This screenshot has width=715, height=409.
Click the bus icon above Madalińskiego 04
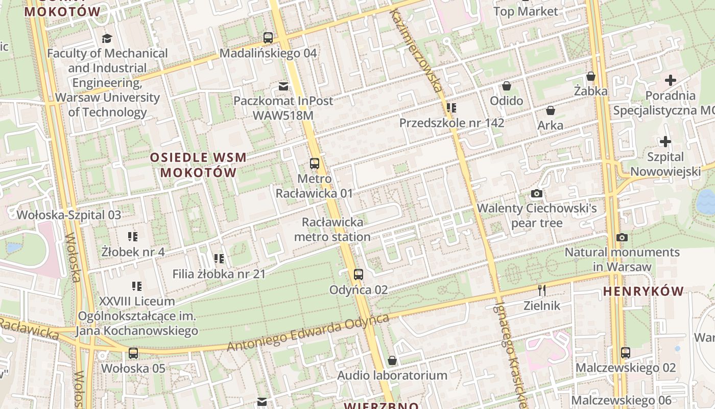tap(268, 37)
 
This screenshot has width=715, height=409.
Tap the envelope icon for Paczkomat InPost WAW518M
tap(283, 86)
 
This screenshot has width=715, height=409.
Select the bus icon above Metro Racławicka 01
tap(315, 164)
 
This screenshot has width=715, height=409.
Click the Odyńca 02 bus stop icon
tap(359, 275)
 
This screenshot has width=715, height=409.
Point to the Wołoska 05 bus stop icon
tap(133, 353)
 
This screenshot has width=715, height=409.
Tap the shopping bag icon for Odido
tap(507, 85)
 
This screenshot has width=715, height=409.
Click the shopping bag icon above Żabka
tap(591, 76)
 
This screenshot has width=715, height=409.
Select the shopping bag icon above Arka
tap(551, 110)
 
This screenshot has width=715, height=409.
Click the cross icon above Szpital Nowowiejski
tap(665, 142)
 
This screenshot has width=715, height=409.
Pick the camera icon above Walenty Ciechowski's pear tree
tap(537, 193)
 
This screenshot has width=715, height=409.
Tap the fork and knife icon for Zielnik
tap(542, 290)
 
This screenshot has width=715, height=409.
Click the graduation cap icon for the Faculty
tap(107, 38)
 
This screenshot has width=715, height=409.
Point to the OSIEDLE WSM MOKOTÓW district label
tap(199, 165)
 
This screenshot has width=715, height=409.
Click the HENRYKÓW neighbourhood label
tap(643, 291)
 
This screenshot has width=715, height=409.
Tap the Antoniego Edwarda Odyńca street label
tap(308, 333)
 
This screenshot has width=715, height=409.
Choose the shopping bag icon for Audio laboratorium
tap(392, 360)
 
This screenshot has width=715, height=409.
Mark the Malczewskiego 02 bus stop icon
tap(626, 352)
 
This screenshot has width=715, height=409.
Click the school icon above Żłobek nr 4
tap(133, 236)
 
